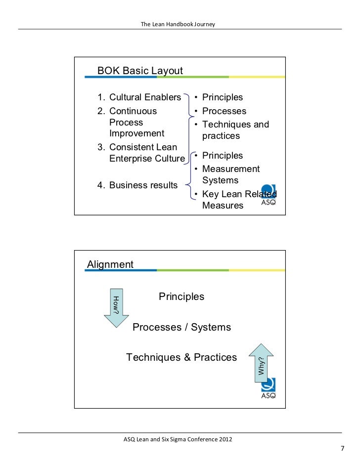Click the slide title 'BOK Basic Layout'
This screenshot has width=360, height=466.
[x=140, y=71]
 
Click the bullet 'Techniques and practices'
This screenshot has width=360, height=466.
[x=235, y=130]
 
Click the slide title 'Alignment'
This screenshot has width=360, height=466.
[x=110, y=264]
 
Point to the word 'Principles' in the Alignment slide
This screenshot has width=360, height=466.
[x=181, y=297]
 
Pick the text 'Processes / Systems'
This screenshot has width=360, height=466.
[x=181, y=327]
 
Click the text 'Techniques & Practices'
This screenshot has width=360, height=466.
[x=181, y=357]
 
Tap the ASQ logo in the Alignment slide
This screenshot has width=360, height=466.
[x=269, y=388]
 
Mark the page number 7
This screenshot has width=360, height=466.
[x=341, y=449]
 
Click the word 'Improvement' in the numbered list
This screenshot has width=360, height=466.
[x=136, y=133]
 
